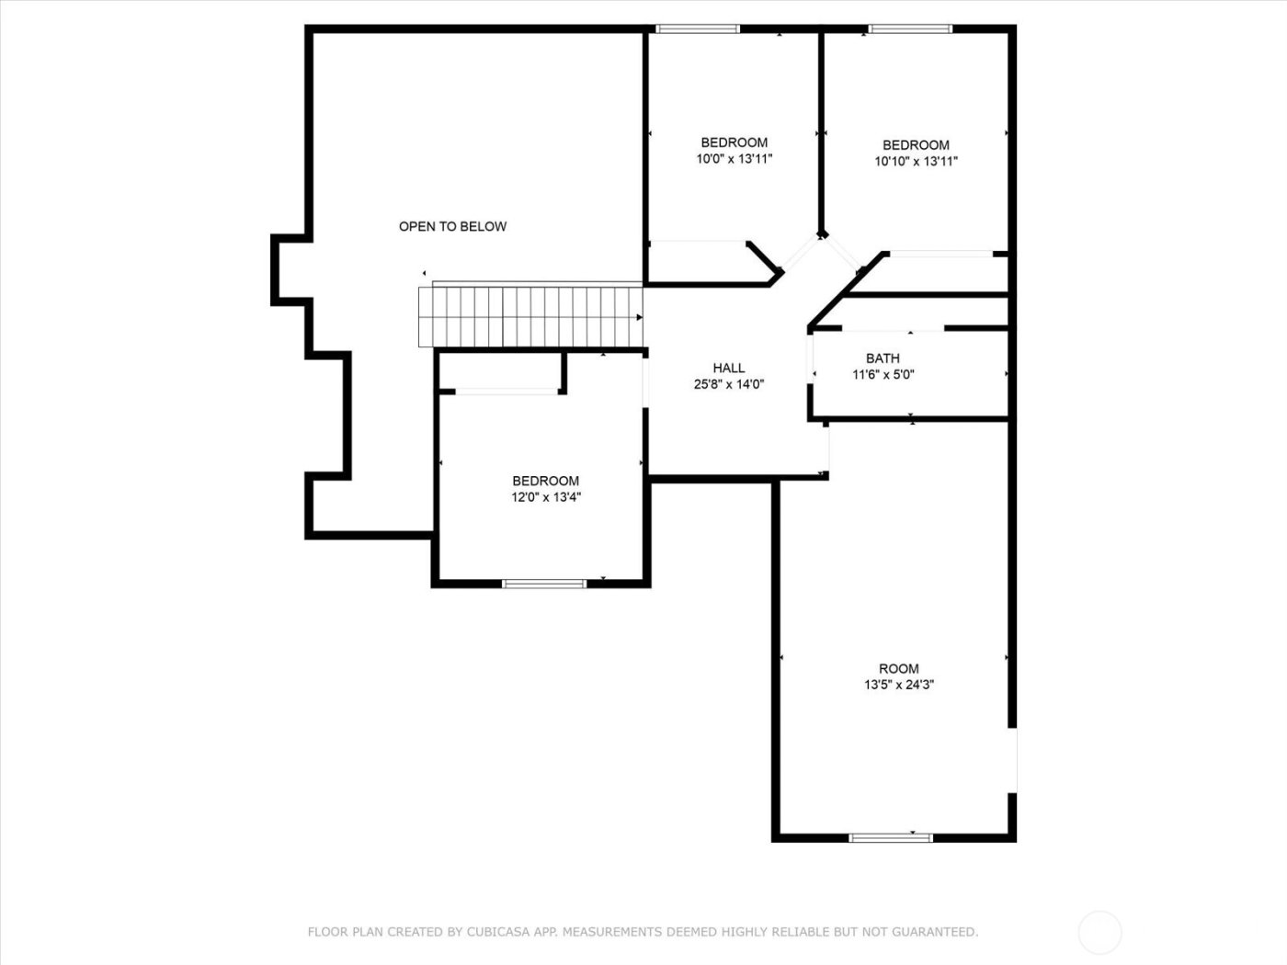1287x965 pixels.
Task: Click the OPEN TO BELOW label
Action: [452, 226]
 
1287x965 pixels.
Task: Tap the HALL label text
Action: [729, 369]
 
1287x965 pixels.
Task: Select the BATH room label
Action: [883, 358]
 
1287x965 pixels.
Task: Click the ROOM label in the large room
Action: [898, 669]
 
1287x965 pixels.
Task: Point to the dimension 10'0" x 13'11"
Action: [734, 158]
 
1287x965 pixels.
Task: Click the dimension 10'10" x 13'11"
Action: [916, 161]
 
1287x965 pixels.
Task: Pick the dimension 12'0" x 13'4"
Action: [546, 497]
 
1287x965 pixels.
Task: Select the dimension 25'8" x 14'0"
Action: [729, 385]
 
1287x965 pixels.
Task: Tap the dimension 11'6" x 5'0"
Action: [883, 375]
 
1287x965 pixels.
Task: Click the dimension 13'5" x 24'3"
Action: [898, 685]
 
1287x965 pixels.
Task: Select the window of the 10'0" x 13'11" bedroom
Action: [698, 29]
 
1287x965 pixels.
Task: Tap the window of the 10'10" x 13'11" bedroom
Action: [911, 29]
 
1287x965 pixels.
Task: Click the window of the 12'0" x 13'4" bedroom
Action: [544, 583]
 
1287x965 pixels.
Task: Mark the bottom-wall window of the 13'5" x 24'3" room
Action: [890, 837]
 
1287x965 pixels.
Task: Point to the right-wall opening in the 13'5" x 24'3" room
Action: [1013, 760]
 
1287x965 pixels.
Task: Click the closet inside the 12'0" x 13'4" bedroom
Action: [501, 372]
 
